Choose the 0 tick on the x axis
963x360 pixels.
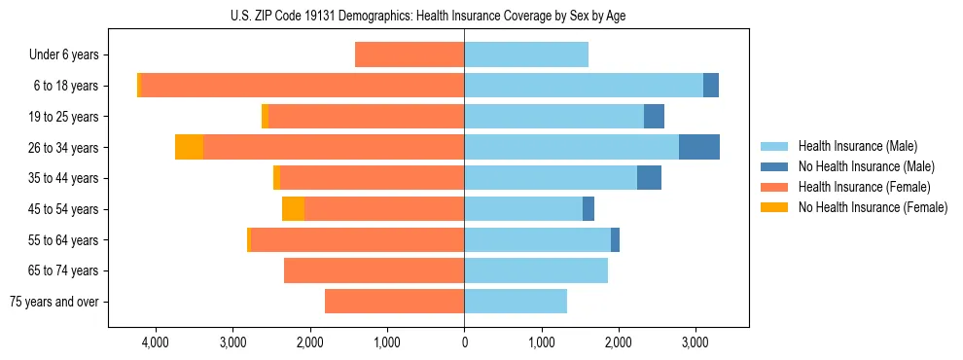(464, 342)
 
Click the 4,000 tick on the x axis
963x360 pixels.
(156, 342)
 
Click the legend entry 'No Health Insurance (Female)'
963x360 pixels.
(872, 207)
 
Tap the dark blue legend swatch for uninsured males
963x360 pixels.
(774, 166)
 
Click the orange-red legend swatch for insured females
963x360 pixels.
(774, 187)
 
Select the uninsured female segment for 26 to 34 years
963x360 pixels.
(189, 148)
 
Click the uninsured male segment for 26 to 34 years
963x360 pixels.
(698, 148)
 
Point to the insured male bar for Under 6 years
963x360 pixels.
(526, 55)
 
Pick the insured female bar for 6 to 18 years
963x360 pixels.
(303, 86)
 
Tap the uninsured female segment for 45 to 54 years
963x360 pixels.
(293, 209)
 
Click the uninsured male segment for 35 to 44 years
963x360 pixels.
(649, 178)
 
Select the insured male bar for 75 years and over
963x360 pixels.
(516, 302)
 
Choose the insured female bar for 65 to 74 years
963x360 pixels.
(374, 270)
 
